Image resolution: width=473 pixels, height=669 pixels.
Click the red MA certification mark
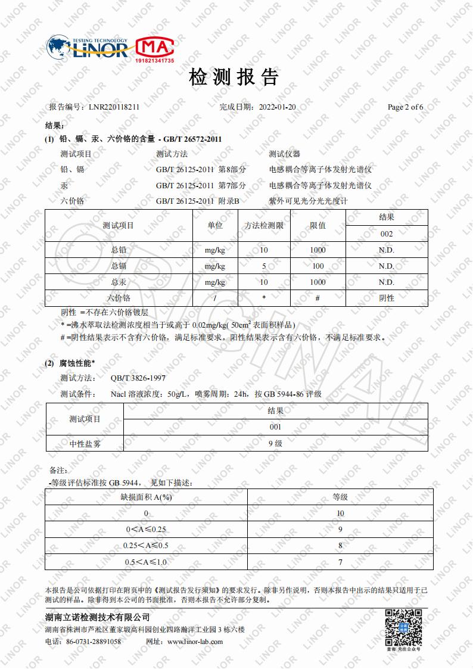(x=155, y=48)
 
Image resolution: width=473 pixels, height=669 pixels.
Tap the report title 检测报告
(x=234, y=77)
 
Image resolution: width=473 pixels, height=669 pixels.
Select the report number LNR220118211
(x=114, y=107)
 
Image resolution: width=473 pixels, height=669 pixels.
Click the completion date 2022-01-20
(x=278, y=107)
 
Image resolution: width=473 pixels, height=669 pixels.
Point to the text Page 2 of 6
(x=405, y=107)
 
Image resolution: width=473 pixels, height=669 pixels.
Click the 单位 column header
(x=215, y=225)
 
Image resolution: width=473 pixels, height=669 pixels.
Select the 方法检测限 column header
(x=264, y=225)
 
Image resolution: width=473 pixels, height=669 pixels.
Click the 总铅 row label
(x=119, y=250)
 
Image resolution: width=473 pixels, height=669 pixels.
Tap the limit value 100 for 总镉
(x=318, y=266)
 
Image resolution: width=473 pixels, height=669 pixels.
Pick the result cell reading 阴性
(x=387, y=298)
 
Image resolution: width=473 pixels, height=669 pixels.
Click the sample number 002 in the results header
(x=387, y=234)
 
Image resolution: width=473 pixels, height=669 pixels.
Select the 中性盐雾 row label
(x=85, y=443)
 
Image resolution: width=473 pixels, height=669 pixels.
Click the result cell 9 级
(x=275, y=443)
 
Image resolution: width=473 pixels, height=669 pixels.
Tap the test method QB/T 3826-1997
(x=138, y=378)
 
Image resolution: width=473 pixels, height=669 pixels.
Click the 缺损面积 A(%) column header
(x=146, y=497)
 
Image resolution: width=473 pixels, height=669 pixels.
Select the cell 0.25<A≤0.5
(x=146, y=545)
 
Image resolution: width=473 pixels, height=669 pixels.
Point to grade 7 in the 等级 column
(x=340, y=562)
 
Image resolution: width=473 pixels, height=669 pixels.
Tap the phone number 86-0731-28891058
(x=94, y=642)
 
